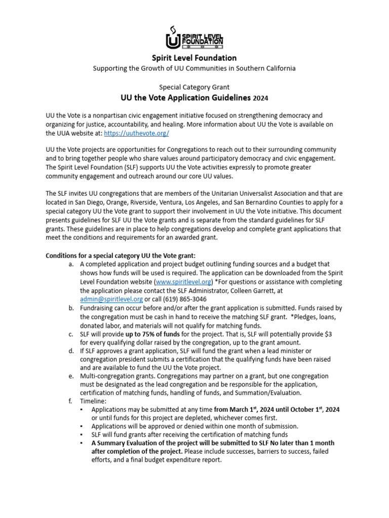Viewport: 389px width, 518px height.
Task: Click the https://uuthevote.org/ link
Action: (x=136, y=133)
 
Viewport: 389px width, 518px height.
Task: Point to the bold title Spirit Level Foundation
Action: (x=194, y=58)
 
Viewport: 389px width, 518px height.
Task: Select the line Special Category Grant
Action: (x=194, y=87)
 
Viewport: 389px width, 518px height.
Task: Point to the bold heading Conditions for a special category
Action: (x=121, y=255)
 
